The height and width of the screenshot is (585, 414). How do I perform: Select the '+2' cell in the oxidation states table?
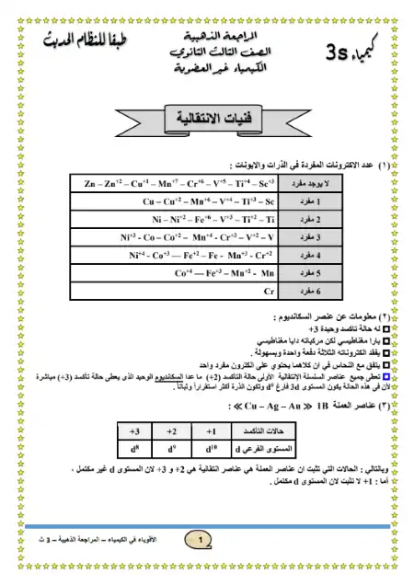point(171,430)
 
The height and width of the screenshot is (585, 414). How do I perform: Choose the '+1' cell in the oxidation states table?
point(211,430)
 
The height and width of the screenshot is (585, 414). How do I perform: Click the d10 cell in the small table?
point(211,450)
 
